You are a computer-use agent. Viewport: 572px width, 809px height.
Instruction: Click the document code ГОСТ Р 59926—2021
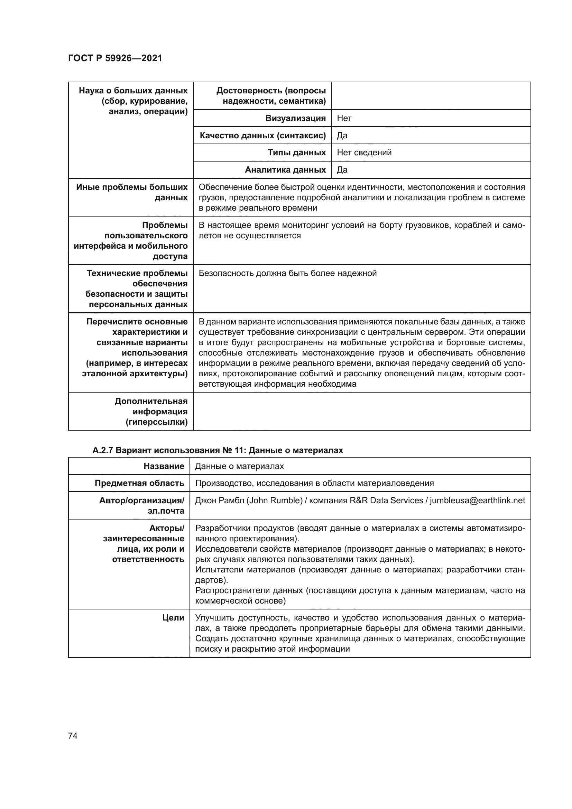click(115, 58)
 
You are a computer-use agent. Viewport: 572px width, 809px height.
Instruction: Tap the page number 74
click(73, 736)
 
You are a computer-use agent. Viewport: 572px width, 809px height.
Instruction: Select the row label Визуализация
click(295, 118)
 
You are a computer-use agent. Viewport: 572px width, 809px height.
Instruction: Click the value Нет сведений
click(364, 153)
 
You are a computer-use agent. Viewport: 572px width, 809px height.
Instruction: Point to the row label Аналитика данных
click(285, 170)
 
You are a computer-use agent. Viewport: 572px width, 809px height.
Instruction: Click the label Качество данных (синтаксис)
click(262, 136)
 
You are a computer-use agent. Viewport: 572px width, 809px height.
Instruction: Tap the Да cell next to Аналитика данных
click(342, 170)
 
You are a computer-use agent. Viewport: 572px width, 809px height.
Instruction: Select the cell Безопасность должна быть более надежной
click(287, 273)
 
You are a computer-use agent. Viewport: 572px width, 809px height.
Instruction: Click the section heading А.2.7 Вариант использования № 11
click(217, 450)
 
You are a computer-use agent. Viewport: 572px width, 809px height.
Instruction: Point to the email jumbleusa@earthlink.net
click(477, 500)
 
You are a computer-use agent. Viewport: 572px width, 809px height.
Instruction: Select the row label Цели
click(173, 618)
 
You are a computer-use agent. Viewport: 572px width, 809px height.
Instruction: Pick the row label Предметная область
click(139, 483)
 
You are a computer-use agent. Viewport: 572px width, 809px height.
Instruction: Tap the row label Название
click(164, 466)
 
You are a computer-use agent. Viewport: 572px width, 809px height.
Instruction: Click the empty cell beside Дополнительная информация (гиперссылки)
click(361, 411)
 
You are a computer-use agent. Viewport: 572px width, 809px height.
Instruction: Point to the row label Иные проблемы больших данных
click(132, 192)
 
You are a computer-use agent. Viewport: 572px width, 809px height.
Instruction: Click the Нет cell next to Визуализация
click(344, 118)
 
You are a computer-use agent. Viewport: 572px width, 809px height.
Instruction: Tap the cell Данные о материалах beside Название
click(239, 466)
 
